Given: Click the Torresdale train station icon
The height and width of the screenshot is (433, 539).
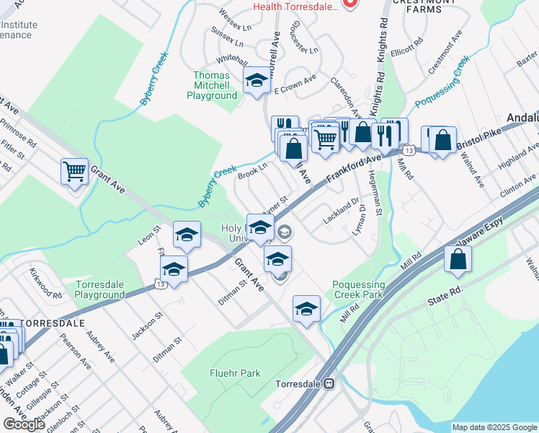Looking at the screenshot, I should coord(329,384).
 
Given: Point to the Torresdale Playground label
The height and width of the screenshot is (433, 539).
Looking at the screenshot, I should coord(100,289).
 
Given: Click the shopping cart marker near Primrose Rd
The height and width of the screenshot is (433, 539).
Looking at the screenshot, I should coord(74,172).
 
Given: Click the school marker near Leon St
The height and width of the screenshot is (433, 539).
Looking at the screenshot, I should coord(187,235).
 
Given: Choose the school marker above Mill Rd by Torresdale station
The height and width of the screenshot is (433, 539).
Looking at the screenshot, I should coord(306,308).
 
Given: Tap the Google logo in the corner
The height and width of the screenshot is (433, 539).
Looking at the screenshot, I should coord(24,424).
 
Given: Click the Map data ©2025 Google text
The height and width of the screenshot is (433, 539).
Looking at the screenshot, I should coord(494,427).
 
